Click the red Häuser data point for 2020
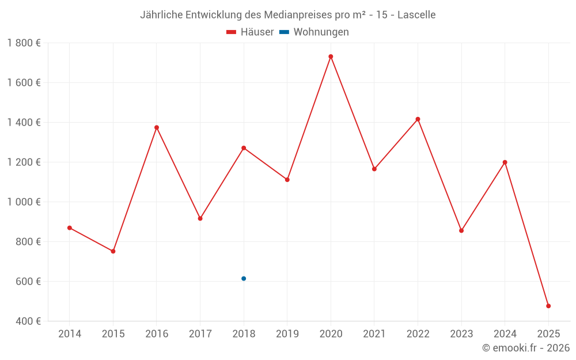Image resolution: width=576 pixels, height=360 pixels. (331, 56)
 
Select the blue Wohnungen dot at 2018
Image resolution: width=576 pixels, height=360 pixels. (244, 279)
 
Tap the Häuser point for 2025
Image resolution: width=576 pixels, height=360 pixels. (548, 306)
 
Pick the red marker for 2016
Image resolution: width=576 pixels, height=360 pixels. (157, 127)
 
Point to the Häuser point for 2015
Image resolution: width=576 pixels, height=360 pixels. (113, 251)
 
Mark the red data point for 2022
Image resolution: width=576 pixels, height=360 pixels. (418, 119)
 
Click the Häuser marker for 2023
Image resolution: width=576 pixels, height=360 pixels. (461, 230)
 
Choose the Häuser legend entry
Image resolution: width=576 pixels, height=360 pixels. (250, 32)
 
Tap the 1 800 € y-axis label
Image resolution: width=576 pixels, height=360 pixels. (24, 43)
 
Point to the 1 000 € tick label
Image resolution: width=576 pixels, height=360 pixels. (24, 202)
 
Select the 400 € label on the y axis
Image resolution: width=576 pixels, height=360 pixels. (28, 321)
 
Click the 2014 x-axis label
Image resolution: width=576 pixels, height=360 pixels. (70, 334)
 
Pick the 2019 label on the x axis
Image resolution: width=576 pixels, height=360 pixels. (287, 334)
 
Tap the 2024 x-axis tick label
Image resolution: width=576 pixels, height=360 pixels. (505, 334)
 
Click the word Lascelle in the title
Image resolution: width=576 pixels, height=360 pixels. (416, 14)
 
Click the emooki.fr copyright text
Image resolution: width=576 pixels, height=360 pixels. (526, 348)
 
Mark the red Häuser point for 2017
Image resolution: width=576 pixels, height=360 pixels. (200, 218)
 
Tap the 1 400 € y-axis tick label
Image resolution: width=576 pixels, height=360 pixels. (24, 123)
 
